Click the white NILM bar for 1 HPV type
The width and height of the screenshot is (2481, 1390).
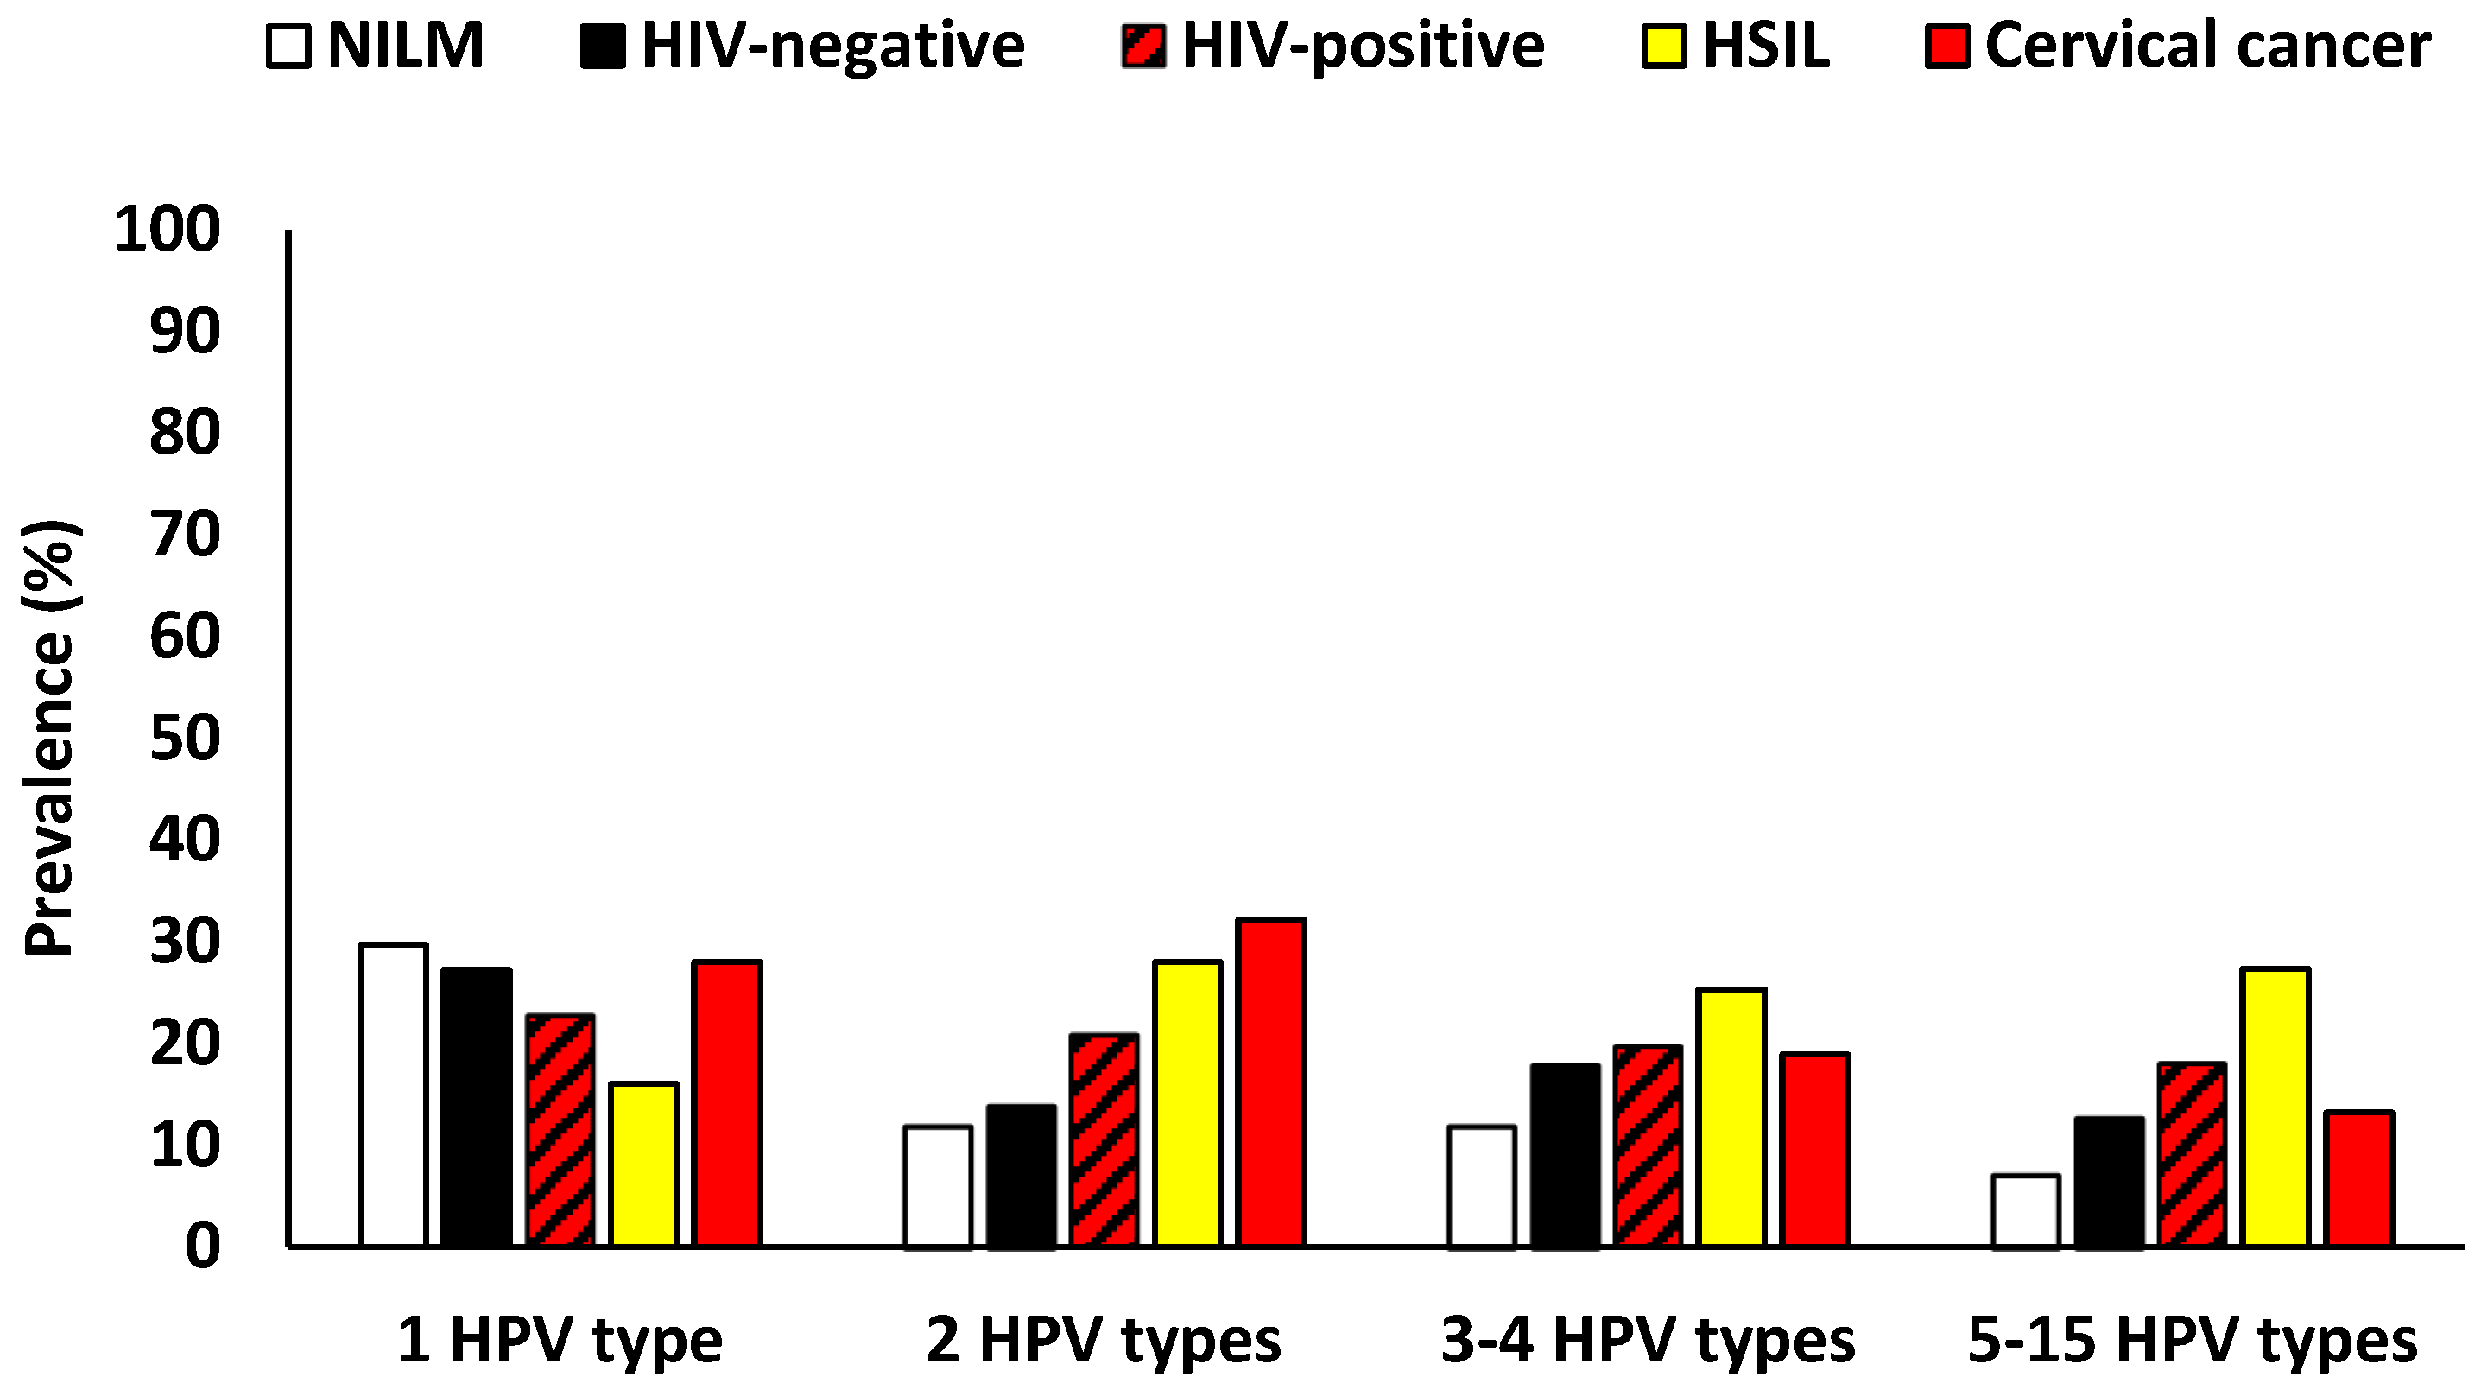(393, 1095)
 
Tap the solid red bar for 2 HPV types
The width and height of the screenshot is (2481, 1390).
(1271, 1082)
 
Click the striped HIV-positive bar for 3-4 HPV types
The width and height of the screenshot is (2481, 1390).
(1648, 1146)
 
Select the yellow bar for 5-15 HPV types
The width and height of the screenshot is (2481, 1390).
(2275, 1107)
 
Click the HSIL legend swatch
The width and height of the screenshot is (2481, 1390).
(1663, 48)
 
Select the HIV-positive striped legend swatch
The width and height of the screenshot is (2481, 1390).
(1143, 48)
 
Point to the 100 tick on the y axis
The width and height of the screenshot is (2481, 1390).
(168, 232)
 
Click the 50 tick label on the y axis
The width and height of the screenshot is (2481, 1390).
(185, 739)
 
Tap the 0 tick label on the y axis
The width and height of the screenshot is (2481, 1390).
(202, 1247)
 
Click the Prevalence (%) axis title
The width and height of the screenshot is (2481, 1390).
(50, 738)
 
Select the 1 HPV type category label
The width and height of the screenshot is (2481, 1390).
(560, 1340)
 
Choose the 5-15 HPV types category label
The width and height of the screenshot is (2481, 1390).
(2192, 1340)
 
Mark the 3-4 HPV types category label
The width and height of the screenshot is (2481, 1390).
(1647, 1340)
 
